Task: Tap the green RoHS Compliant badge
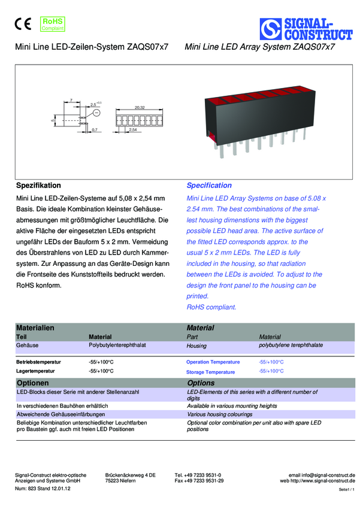(52, 24)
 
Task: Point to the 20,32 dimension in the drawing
(140, 107)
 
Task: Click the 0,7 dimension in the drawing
(95, 129)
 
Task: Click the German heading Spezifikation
(38, 186)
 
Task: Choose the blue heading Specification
(209, 186)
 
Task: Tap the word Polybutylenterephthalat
(117, 346)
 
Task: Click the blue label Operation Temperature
(213, 362)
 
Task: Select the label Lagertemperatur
(35, 371)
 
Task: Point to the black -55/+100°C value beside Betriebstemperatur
(101, 362)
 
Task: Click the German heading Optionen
(32, 383)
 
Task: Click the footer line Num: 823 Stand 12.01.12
(43, 489)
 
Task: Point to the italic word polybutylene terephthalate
(291, 346)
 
